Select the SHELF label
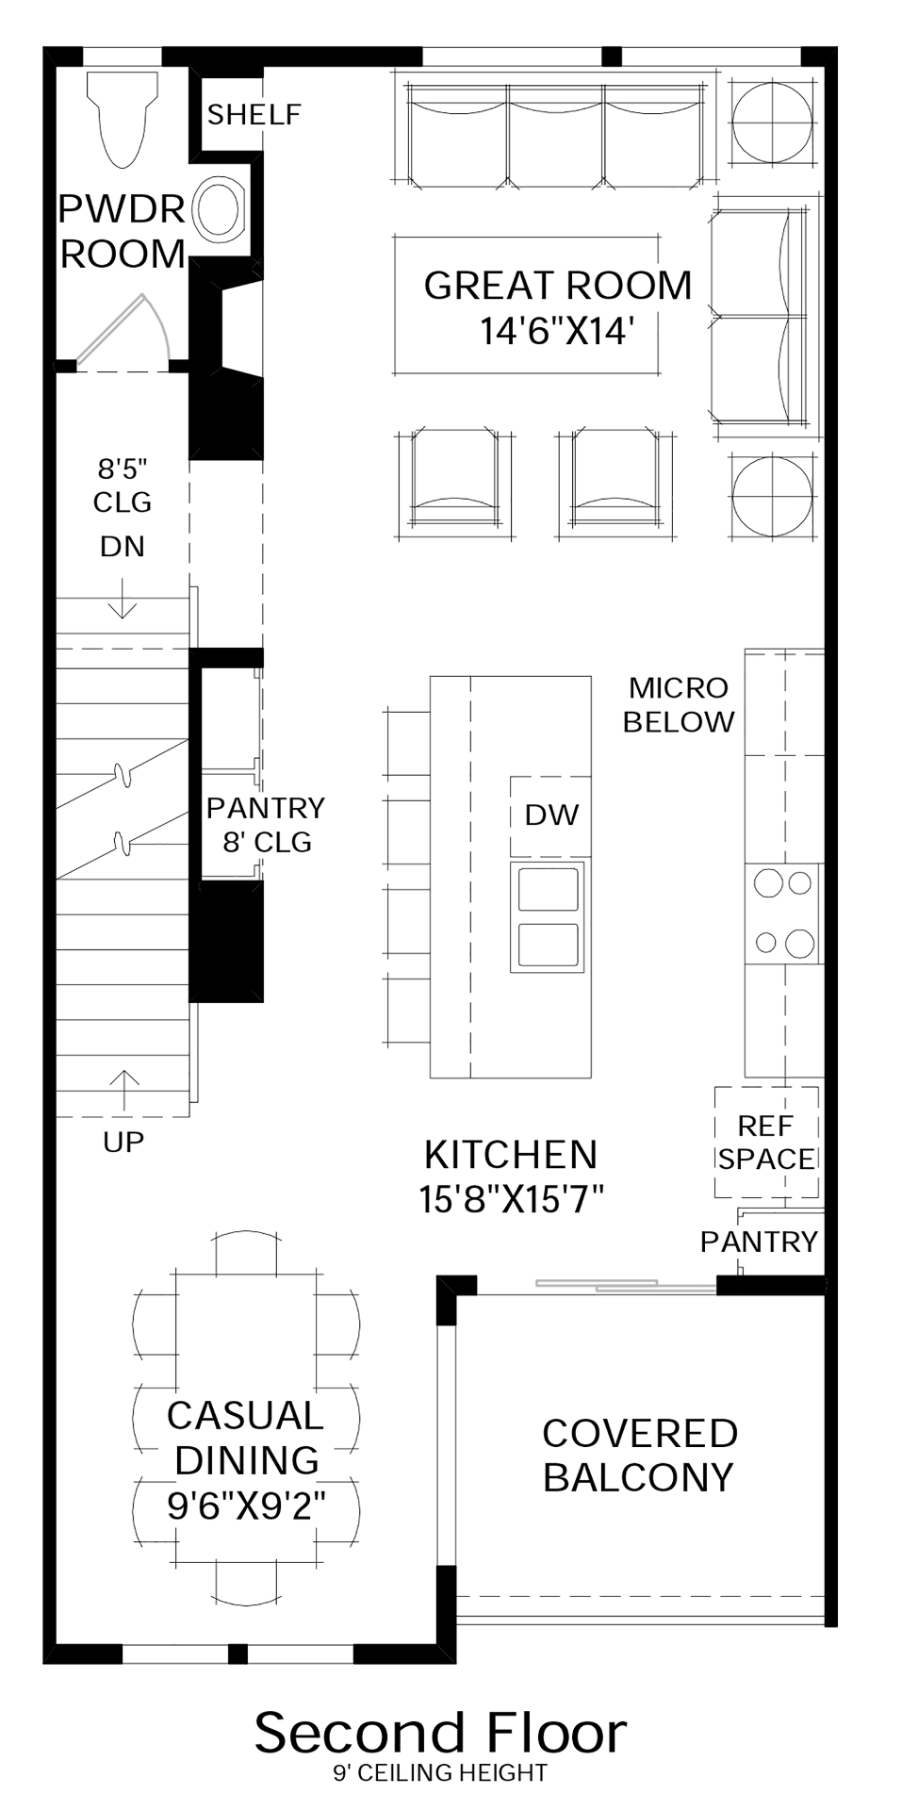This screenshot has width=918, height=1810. point(254,115)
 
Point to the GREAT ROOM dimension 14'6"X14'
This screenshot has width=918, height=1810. point(555,332)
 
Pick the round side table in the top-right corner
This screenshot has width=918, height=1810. point(772,123)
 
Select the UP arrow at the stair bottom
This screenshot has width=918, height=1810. point(123,1090)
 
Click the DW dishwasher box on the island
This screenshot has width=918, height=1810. point(551,815)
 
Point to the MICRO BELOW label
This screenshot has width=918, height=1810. point(679,705)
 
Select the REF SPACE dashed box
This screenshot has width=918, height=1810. point(765,1142)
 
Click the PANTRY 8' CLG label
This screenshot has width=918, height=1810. point(267,825)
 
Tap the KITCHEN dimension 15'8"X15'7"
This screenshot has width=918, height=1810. point(512,1199)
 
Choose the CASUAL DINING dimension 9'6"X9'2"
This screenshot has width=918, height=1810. point(247,1506)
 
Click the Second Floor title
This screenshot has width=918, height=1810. point(440,1732)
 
